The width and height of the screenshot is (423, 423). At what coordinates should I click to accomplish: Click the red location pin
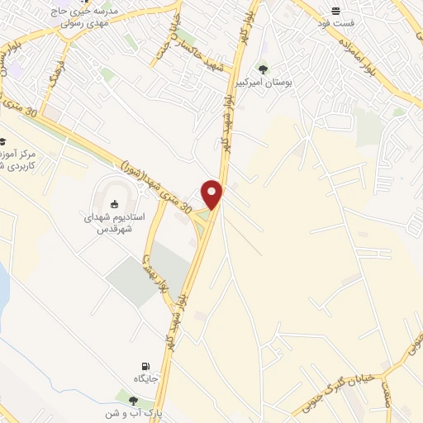tap(213, 193)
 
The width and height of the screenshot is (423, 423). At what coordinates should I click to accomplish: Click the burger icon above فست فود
tap(336, 11)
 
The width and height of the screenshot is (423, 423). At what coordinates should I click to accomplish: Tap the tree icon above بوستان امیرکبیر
tap(264, 68)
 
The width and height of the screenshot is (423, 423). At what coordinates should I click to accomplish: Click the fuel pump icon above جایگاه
tap(146, 365)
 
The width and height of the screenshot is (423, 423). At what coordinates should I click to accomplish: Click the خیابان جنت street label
tap(173, 34)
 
